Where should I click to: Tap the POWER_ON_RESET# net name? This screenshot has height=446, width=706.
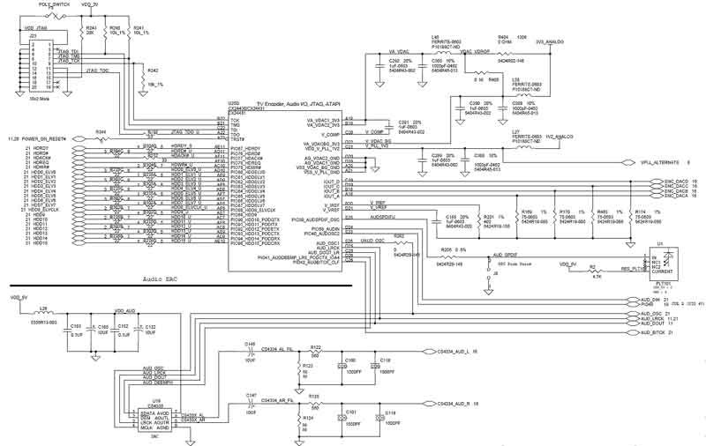[x=44, y=139]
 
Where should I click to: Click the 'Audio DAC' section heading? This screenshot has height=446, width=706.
[x=166, y=278]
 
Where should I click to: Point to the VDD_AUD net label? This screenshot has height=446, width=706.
[x=124, y=311]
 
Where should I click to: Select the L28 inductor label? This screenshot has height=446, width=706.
[x=41, y=309]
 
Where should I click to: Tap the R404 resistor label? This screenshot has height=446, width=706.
[x=504, y=37]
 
